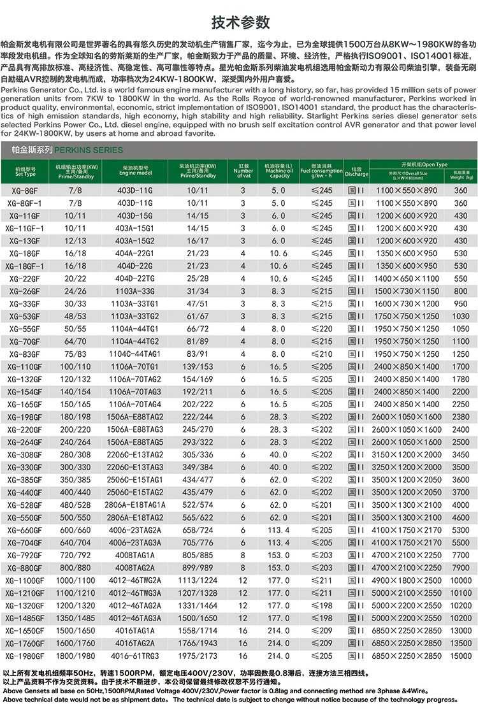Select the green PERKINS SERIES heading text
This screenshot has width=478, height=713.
point(89,150)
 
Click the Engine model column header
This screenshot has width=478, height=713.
point(135,170)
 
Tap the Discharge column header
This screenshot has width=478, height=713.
point(356,171)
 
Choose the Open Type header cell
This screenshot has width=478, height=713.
point(420,164)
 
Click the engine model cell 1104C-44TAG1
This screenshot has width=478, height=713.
point(135,354)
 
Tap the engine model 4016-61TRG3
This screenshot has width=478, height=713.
point(135,656)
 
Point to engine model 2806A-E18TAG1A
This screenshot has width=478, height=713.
point(135,505)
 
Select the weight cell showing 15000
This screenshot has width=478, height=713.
point(460,656)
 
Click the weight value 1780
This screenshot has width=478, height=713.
point(460,379)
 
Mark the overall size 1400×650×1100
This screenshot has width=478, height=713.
point(407,278)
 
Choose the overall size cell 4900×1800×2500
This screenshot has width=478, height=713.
point(407,580)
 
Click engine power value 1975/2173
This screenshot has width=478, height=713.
point(198,656)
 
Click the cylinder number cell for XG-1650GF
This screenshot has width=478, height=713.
point(243,631)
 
